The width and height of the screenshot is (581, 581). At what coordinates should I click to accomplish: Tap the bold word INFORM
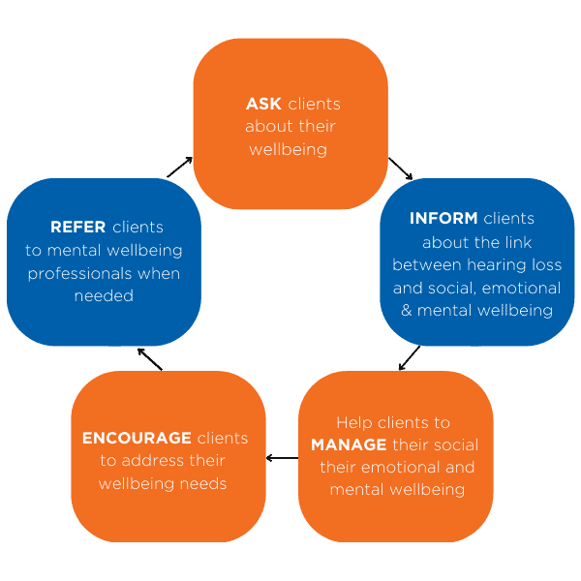(x=443, y=218)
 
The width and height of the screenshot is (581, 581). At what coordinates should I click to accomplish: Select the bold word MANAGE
(x=349, y=444)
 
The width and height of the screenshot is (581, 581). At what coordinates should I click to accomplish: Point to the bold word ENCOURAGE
(x=138, y=438)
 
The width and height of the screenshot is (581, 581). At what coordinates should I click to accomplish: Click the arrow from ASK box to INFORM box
(x=401, y=168)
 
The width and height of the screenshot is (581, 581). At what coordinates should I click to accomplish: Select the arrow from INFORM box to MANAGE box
(x=410, y=357)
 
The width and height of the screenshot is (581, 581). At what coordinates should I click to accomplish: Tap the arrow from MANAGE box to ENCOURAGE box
(x=282, y=458)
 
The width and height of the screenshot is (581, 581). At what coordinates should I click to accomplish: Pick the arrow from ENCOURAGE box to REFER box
(x=150, y=358)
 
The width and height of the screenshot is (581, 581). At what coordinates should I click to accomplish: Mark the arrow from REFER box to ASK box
(x=180, y=167)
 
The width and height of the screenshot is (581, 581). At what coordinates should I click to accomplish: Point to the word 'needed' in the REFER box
(x=104, y=296)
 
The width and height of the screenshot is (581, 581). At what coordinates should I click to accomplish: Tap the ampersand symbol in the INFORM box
(x=407, y=311)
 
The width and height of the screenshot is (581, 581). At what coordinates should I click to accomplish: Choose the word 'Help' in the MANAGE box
(x=353, y=422)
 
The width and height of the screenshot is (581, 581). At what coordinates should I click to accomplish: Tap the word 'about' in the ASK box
(x=266, y=127)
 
